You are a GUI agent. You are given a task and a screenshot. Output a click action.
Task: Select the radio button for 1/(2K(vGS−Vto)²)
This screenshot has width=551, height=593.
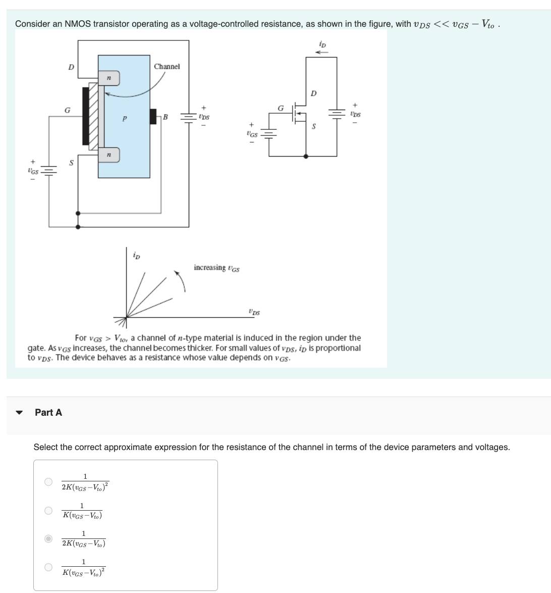click(48, 482)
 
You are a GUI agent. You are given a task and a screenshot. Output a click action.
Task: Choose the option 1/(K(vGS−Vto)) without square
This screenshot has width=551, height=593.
click(48, 511)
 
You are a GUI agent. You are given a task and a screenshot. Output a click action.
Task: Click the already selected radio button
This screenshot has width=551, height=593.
click(48, 539)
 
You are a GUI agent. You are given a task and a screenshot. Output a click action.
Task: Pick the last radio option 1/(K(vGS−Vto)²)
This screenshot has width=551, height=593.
click(48, 567)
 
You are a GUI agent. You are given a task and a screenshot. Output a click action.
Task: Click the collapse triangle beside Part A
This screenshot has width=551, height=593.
click(19, 413)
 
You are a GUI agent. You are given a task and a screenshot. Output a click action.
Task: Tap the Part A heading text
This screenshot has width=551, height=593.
click(48, 413)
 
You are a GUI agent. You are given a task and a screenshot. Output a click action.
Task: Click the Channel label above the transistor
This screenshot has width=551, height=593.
click(167, 67)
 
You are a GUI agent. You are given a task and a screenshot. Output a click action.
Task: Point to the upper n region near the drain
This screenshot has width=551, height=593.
click(109, 78)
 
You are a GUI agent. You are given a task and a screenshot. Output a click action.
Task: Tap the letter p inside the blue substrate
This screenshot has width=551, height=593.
click(124, 119)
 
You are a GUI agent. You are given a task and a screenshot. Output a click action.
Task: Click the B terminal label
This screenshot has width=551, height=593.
click(165, 117)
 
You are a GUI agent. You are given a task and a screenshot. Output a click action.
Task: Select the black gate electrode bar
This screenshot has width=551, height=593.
click(86, 116)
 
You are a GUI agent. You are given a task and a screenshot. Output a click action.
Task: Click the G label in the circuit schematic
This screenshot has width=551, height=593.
click(281, 108)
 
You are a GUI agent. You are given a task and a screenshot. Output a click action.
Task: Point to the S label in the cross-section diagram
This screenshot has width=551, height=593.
click(71, 163)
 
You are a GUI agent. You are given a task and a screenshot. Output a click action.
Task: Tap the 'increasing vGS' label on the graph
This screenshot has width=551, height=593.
click(216, 268)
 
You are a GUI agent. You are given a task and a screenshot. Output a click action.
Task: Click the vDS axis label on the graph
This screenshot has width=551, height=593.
click(254, 312)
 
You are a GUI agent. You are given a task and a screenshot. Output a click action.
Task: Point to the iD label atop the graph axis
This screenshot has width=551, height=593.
click(136, 255)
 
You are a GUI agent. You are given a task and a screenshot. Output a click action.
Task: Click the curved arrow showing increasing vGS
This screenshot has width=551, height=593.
click(181, 280)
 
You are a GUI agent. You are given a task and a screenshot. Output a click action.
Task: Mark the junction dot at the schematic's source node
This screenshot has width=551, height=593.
click(306, 157)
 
